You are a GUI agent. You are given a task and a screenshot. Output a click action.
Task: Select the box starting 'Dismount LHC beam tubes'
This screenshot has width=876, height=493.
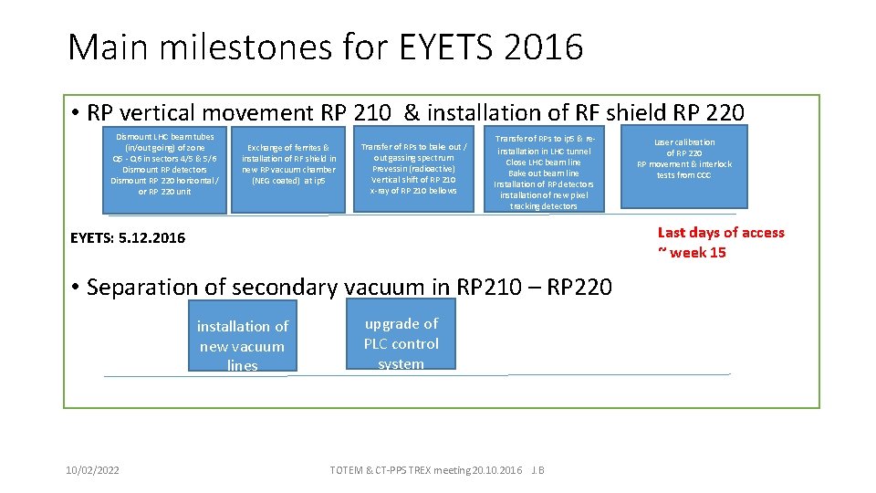pyautogui.click(x=164, y=170)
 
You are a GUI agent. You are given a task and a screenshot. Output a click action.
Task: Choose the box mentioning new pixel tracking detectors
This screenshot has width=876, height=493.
pyautogui.click(x=544, y=172)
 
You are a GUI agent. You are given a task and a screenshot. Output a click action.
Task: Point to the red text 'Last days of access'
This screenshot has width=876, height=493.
pyautogui.click(x=721, y=233)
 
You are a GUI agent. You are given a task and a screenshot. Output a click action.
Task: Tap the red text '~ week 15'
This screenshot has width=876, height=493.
pyautogui.click(x=692, y=253)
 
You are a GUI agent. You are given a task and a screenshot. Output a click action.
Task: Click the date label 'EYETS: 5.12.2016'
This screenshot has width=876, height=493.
pyautogui.click(x=128, y=238)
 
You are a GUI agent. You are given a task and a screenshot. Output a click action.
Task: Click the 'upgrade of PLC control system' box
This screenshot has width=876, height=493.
pyautogui.click(x=401, y=343)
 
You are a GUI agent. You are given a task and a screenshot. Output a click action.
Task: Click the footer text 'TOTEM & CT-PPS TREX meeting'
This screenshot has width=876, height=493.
pyautogui.click(x=401, y=470)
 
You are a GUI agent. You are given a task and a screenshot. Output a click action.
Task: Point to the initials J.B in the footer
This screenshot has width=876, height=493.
pyautogui.click(x=537, y=470)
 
